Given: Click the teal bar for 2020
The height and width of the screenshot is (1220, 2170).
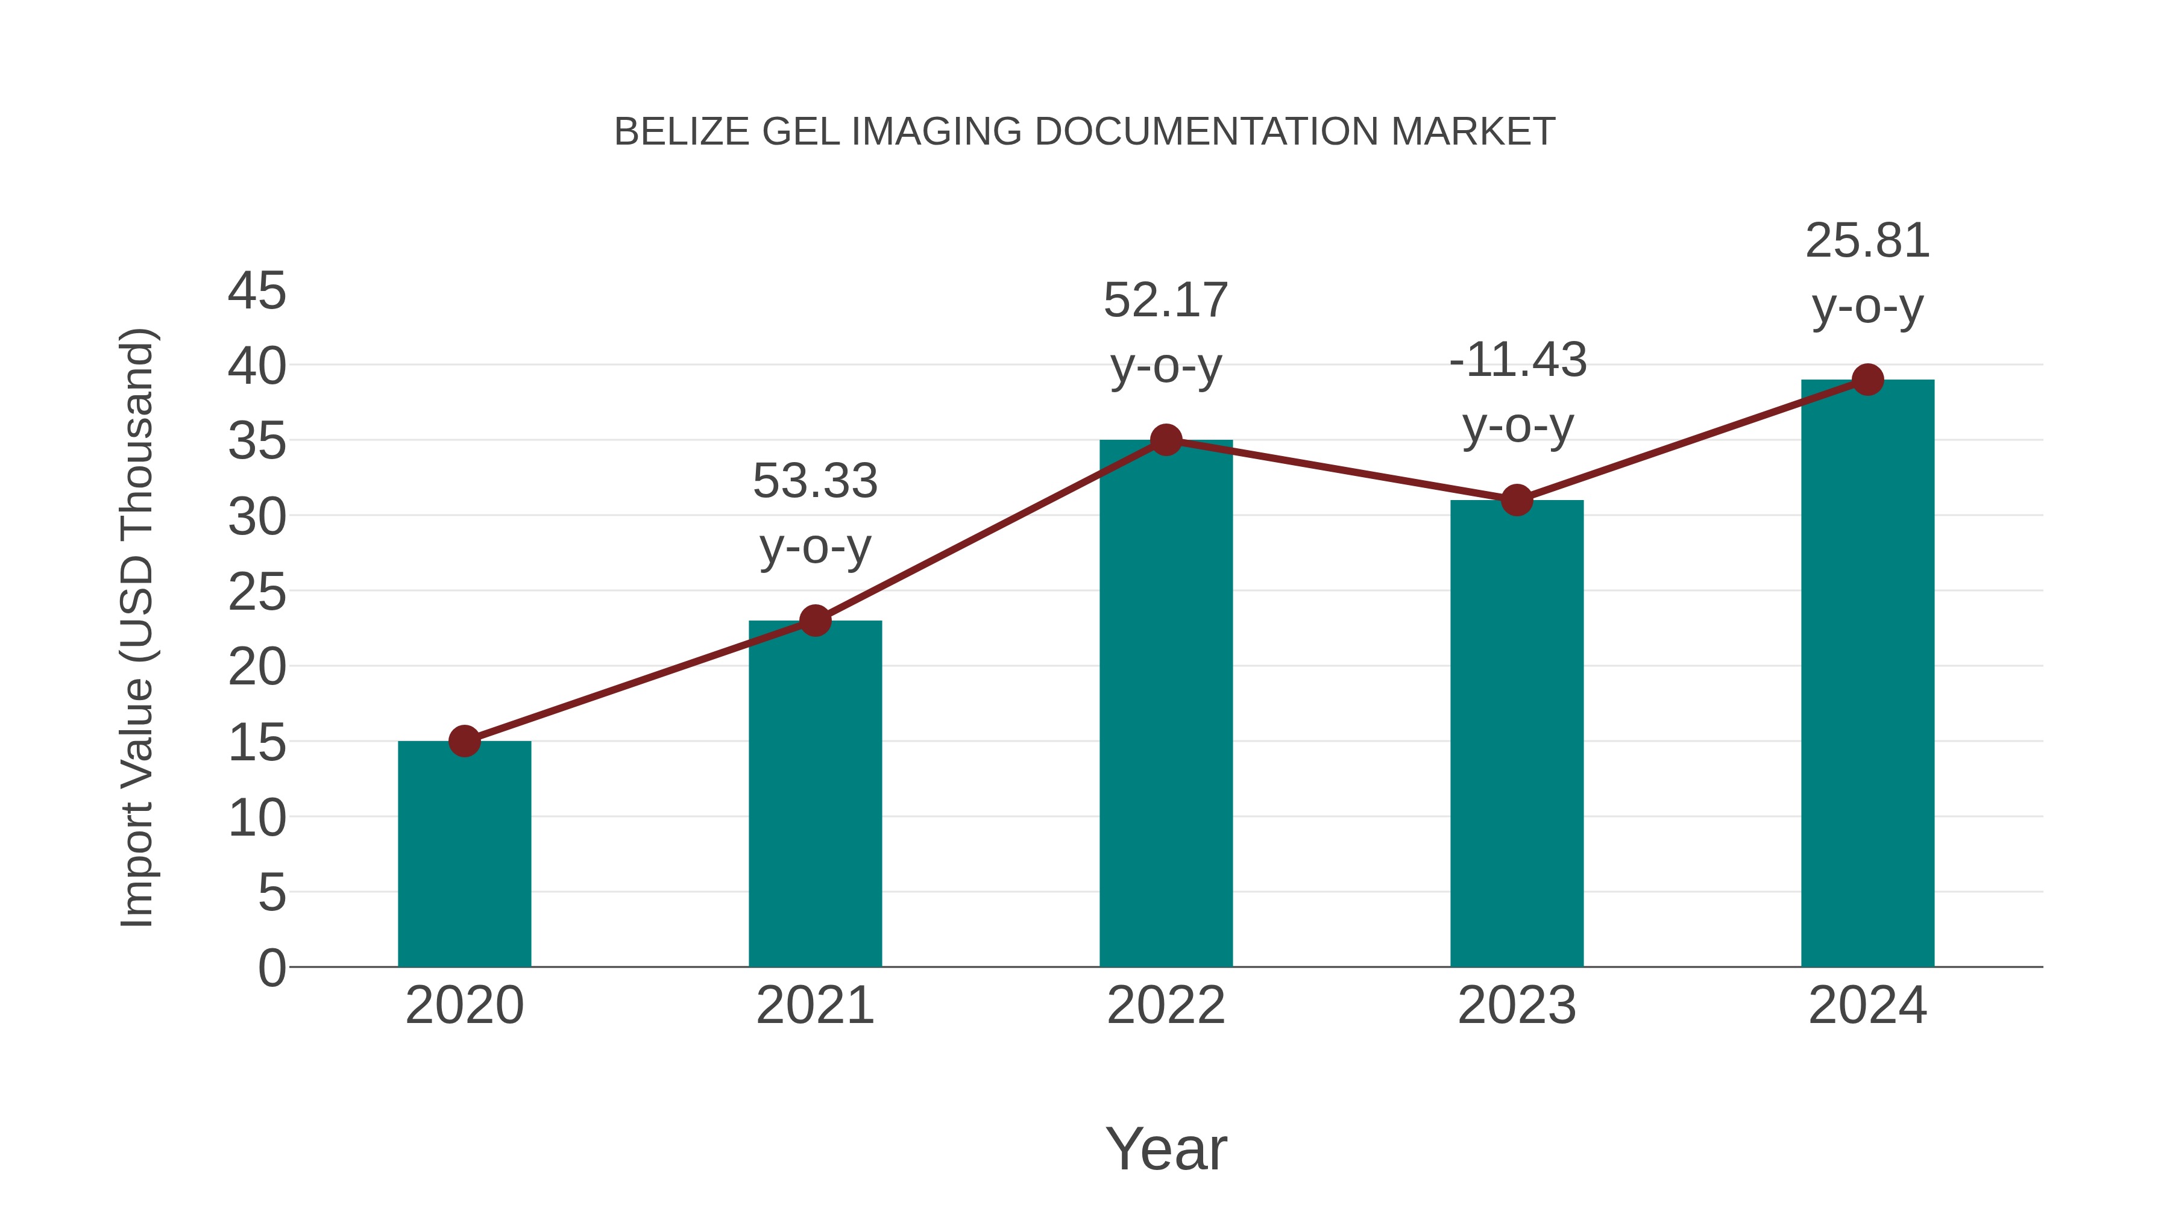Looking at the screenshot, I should [x=464, y=854].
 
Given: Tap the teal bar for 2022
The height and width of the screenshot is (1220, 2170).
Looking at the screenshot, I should [x=1166, y=703].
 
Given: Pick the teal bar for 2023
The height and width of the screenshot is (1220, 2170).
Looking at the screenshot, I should [x=1517, y=733].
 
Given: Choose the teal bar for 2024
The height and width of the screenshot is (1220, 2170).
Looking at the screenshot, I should [x=1867, y=673].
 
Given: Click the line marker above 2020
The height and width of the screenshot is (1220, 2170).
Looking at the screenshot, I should [x=464, y=741].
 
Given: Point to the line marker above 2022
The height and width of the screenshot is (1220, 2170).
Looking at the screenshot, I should [x=1166, y=440].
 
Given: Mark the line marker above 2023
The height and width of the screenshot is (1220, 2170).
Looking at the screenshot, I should [x=1517, y=500].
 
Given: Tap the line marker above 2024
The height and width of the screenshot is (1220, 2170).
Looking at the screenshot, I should [x=1867, y=380].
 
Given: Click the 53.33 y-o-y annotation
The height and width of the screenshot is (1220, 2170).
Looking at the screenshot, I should [x=814, y=513].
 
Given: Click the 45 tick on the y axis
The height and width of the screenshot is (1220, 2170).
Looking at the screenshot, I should [x=257, y=292].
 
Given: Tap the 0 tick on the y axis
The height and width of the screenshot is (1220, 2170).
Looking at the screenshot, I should [x=271, y=968].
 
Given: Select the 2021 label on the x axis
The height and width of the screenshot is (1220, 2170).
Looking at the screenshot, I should [x=814, y=1006].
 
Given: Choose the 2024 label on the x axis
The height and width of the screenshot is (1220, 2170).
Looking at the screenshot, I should [x=1867, y=1006].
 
